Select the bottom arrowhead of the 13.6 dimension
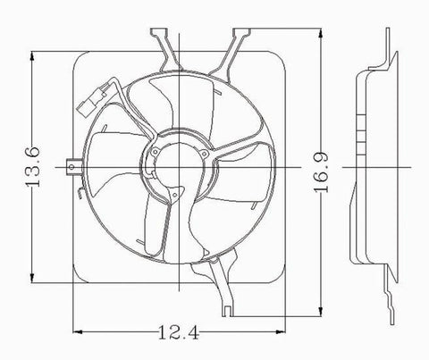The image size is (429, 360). point(33,280)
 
